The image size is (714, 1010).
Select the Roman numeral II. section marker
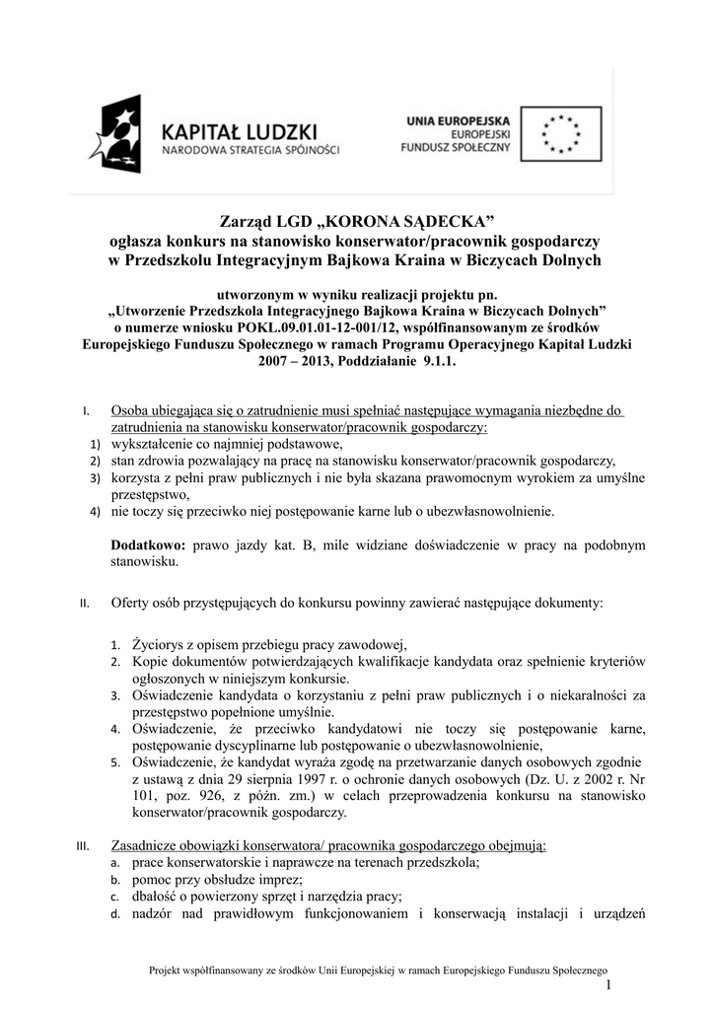click(86, 604)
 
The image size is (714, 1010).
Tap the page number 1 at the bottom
click(610, 986)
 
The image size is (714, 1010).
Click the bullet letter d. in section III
click(114, 914)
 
